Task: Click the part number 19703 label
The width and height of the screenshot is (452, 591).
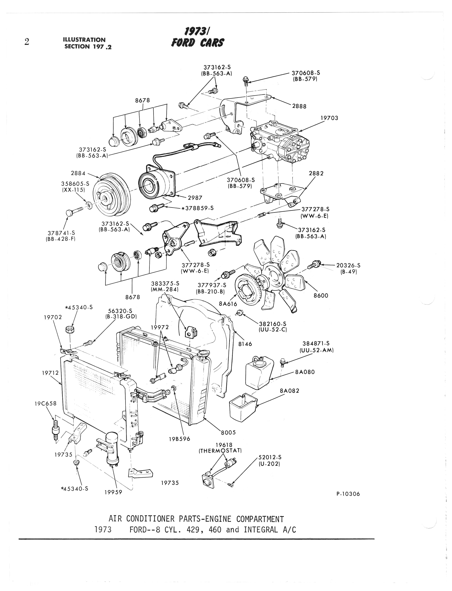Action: [x=329, y=118]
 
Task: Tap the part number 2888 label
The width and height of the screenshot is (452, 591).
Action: [x=299, y=106]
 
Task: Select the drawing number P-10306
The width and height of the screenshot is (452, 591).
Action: [x=348, y=494]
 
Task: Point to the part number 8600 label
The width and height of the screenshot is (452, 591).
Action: [x=321, y=296]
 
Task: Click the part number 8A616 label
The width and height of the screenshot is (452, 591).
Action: [x=228, y=304]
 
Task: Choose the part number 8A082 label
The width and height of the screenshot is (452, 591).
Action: [x=290, y=391]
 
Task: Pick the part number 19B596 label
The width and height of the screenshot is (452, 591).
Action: [x=180, y=439]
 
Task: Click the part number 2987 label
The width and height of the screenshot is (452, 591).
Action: [x=195, y=198]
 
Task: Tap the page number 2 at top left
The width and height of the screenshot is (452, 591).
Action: [x=27, y=42]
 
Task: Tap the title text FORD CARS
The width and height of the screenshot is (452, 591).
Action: [x=197, y=43]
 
